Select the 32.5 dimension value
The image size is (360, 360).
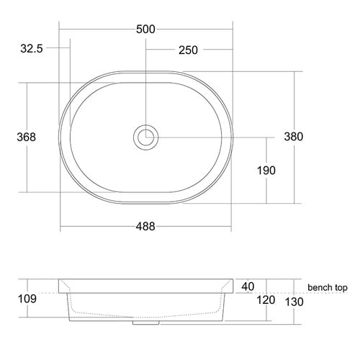coord(32,49)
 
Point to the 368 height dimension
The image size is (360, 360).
coord(26,137)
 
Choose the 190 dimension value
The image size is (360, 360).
coord(266,170)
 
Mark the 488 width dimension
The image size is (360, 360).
coord(145,225)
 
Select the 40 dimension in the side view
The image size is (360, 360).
coord(248,287)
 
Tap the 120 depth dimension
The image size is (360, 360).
coord(266,300)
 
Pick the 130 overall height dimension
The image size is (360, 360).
coord(294,303)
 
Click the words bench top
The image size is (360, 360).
coord(328,287)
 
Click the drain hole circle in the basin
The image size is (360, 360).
coord(146,137)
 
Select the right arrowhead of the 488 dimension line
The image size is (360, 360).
coord(230,225)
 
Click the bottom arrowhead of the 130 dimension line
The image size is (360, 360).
coord(294,322)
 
